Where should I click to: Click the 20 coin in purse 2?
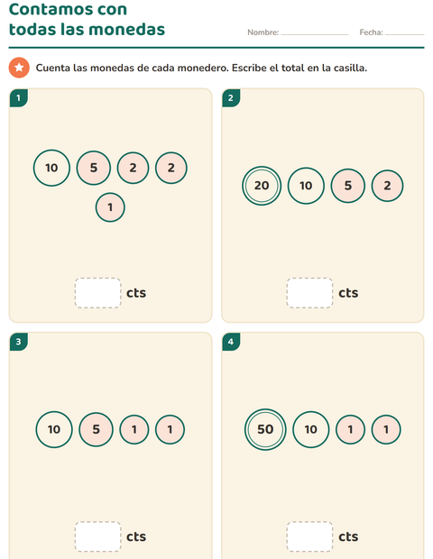pyautogui.click(x=262, y=186)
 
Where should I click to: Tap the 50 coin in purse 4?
pyautogui.click(x=265, y=429)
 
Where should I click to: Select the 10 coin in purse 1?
pyautogui.click(x=51, y=168)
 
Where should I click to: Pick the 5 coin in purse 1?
pyautogui.click(x=94, y=168)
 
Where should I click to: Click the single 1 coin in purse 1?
pyautogui.click(x=110, y=207)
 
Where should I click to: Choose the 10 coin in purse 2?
pyautogui.click(x=306, y=186)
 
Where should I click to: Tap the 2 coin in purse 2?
pyautogui.click(x=387, y=186)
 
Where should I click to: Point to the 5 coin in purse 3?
pyautogui.click(x=96, y=429)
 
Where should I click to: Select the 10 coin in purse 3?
pyautogui.click(x=54, y=429)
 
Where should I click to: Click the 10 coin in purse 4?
pyautogui.click(x=310, y=429)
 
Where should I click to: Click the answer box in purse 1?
pyautogui.click(x=97, y=293)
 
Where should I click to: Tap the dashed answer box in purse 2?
pyautogui.click(x=309, y=293)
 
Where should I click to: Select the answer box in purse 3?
pyautogui.click(x=97, y=536)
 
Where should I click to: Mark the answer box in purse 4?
pyautogui.click(x=309, y=536)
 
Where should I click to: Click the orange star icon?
pyautogui.click(x=19, y=68)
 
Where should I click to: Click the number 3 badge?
pyautogui.click(x=19, y=342)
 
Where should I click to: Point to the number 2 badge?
pyautogui.click(x=231, y=98)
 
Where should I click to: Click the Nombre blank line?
pyautogui.click(x=315, y=34)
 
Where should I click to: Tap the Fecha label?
pyautogui.click(x=372, y=32)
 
